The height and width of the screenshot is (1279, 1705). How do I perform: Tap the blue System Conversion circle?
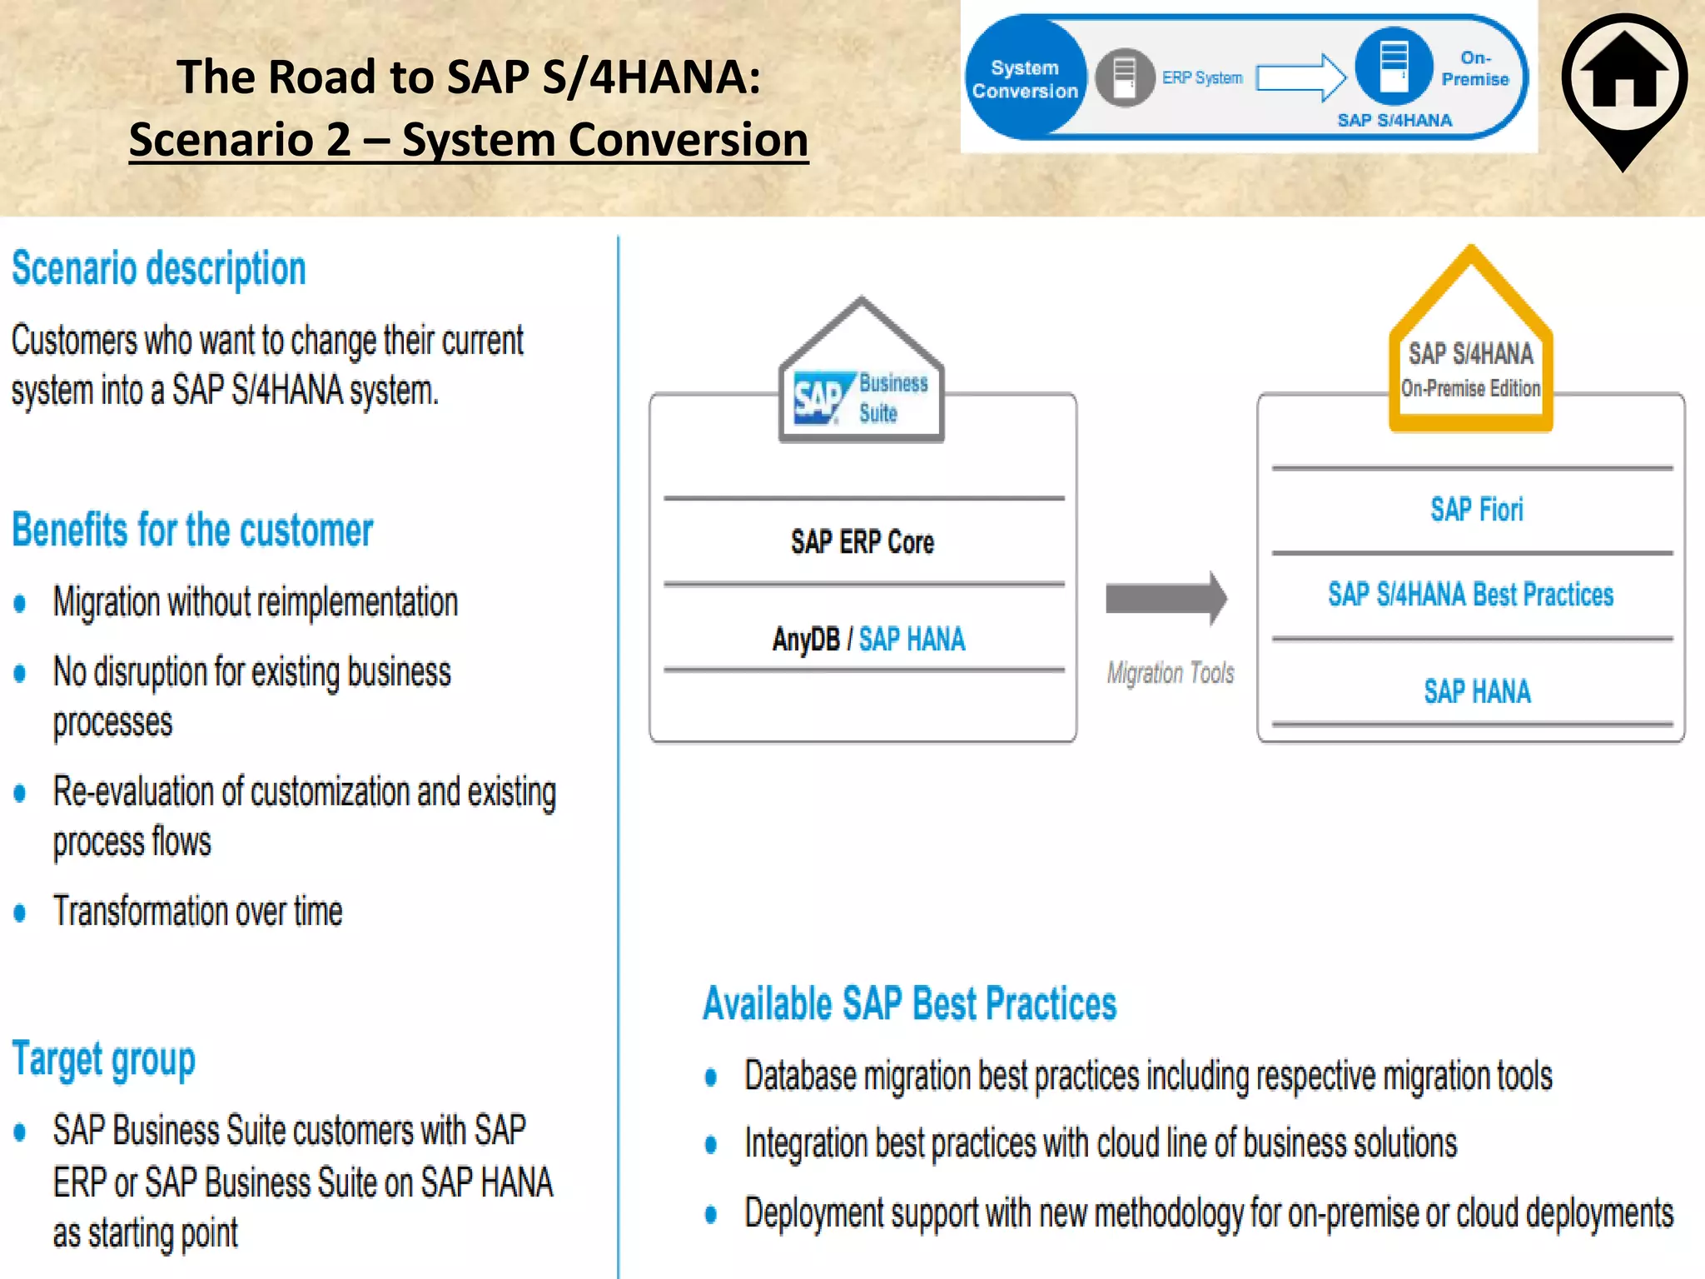[x=1025, y=79]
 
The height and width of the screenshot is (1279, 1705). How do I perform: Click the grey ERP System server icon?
[x=1124, y=77]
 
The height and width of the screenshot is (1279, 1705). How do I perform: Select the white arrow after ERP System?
[x=1300, y=78]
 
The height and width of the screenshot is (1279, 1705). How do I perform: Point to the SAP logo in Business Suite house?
[x=821, y=398]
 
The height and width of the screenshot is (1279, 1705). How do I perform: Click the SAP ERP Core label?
[x=862, y=542]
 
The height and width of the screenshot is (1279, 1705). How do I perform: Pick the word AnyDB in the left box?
[x=806, y=639]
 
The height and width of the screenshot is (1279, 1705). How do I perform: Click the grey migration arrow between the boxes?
[x=1166, y=598]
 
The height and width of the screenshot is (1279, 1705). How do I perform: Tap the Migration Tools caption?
[x=1170, y=673]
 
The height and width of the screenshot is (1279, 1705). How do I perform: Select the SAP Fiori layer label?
[x=1476, y=510]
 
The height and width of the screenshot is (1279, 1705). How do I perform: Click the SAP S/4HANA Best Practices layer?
[x=1470, y=595]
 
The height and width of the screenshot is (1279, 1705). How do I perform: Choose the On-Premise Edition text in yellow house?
[x=1470, y=388]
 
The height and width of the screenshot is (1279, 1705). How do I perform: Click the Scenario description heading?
[x=159, y=269]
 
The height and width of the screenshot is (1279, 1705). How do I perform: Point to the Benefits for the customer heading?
[x=192, y=530]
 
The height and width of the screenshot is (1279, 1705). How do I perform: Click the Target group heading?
[x=104, y=1060]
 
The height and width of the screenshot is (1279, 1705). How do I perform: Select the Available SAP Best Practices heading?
[x=909, y=1003]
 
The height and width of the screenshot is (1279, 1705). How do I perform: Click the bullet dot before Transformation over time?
[x=20, y=913]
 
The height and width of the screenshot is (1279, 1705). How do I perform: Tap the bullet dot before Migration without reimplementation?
[x=20, y=603]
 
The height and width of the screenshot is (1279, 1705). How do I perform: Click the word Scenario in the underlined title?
[x=240, y=139]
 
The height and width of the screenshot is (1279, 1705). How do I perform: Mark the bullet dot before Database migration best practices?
[x=711, y=1077]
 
